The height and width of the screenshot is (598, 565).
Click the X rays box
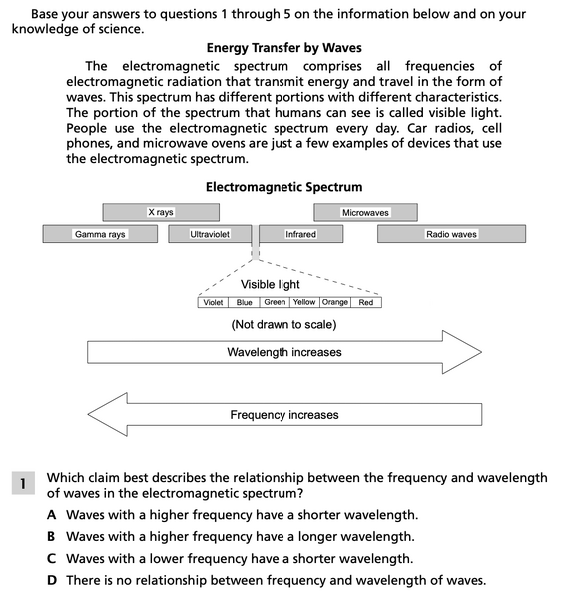tap(160, 212)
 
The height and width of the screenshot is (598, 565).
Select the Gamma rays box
tap(100, 234)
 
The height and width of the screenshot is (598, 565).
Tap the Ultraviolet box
tap(210, 234)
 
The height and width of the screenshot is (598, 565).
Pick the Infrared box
tap(300, 234)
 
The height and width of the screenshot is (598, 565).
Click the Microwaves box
tap(365, 212)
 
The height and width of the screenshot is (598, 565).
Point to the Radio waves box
tap(451, 234)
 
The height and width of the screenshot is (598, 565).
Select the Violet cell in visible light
tap(213, 302)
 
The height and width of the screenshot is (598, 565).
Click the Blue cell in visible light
tap(245, 302)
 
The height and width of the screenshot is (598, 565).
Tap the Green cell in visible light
tap(275, 302)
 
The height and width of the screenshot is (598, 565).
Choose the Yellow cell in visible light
tap(304, 302)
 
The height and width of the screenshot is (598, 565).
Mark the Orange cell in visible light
tap(335, 302)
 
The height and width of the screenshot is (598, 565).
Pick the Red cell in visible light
tap(365, 302)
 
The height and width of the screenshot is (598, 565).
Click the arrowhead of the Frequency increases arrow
tap(108, 415)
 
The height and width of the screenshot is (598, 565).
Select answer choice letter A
tap(51, 515)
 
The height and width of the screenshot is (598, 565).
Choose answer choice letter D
tap(51, 580)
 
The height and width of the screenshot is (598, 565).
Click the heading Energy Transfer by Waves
tap(283, 48)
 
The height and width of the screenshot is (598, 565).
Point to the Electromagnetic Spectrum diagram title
tap(283, 187)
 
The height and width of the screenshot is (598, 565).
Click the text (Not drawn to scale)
tap(283, 325)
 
